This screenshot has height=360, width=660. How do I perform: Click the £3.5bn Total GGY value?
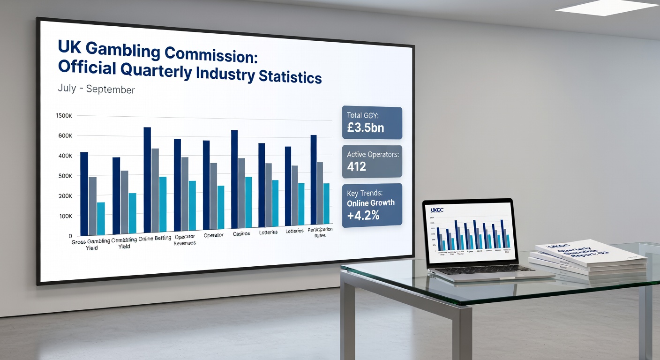(x=366, y=127)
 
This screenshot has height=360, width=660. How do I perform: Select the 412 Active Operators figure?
(x=357, y=166)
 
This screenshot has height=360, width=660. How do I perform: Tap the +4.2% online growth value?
(x=363, y=216)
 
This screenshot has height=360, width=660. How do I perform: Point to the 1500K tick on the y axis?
(x=64, y=116)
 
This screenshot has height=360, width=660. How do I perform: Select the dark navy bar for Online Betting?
(x=147, y=180)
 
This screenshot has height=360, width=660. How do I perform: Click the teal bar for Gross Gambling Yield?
(x=101, y=218)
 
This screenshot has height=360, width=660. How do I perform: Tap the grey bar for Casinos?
(x=241, y=193)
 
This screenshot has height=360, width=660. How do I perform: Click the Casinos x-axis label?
(x=241, y=233)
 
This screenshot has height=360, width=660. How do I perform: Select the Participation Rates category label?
(x=320, y=232)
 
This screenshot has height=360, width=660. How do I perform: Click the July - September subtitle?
(x=96, y=89)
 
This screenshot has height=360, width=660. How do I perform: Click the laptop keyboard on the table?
(x=483, y=270)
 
